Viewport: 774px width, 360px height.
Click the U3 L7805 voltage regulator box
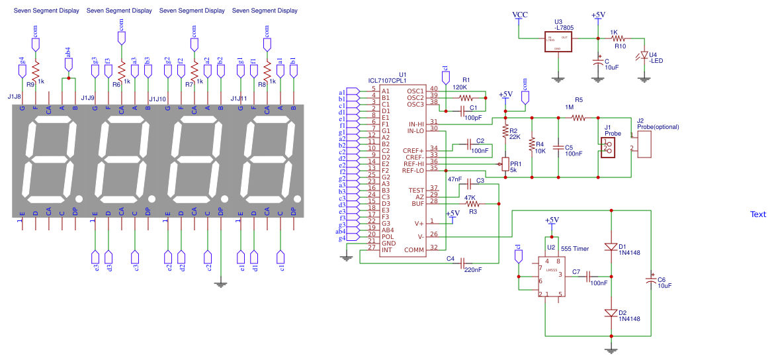click(558, 42)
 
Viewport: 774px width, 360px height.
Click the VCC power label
click(520, 15)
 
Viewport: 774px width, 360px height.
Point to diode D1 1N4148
click(611, 246)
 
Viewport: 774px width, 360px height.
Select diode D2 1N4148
click(611, 312)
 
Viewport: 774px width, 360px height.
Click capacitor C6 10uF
click(652, 281)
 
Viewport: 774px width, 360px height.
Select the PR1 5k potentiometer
click(505, 163)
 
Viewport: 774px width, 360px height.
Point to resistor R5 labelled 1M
click(578, 118)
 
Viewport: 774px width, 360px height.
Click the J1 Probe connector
click(605, 147)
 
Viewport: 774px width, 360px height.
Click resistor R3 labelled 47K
click(471, 204)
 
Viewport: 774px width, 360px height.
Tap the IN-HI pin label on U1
click(416, 124)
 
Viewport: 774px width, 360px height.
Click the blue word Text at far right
click(757, 214)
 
